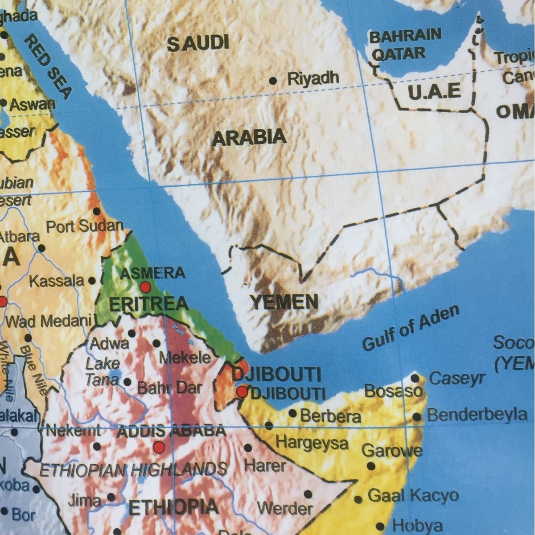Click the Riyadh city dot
273,81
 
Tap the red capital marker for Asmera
145,287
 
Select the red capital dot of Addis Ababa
159,447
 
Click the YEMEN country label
284,302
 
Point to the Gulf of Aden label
410,329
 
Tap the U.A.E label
434,91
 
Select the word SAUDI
198,43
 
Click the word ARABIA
249,138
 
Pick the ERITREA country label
149,305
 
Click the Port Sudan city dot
96,211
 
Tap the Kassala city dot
92,281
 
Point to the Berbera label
330,416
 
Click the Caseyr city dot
415,379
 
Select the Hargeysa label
312,443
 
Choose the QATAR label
399,54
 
